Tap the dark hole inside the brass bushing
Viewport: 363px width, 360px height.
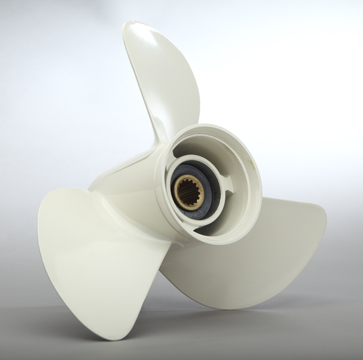click(x=190, y=193)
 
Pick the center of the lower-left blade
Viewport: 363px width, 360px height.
click(x=94, y=252)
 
